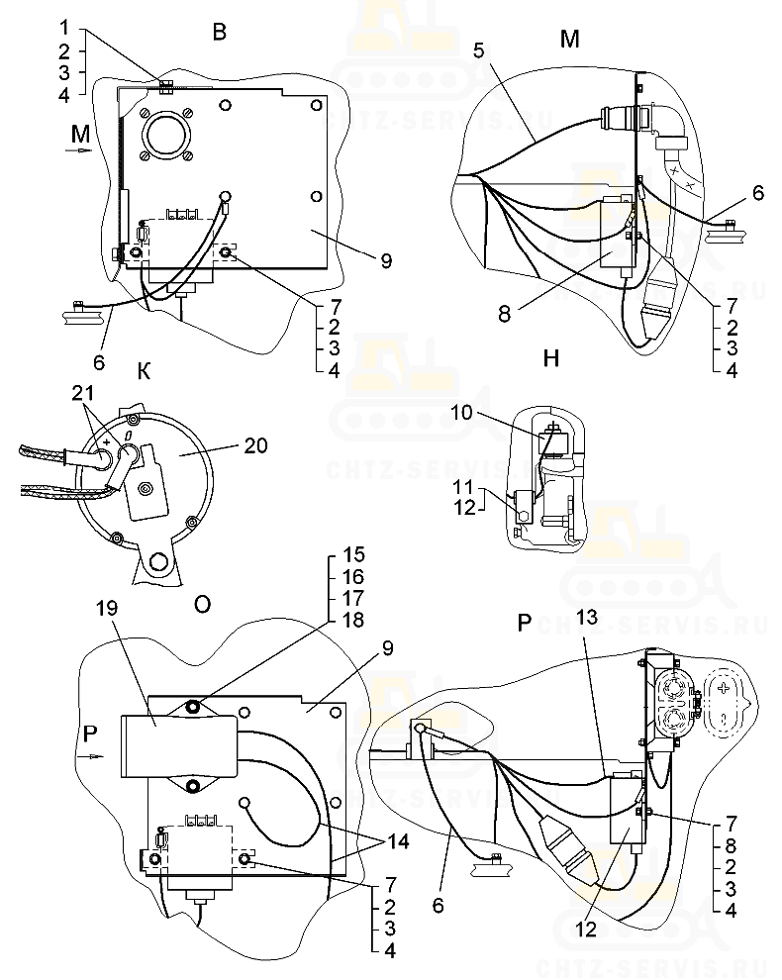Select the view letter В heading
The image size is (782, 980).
(220, 32)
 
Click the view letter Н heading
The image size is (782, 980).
(551, 357)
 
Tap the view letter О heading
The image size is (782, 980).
(201, 605)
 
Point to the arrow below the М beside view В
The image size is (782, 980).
(79, 150)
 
